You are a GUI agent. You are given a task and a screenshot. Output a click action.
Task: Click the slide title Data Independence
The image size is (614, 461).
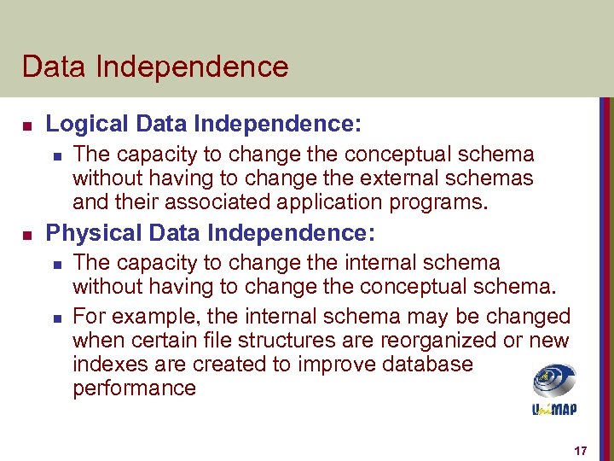(155, 66)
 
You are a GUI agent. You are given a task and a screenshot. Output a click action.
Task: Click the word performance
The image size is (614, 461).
(134, 388)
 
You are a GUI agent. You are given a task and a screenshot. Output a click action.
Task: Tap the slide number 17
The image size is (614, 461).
(581, 450)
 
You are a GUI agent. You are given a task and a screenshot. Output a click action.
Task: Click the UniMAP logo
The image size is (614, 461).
(554, 389)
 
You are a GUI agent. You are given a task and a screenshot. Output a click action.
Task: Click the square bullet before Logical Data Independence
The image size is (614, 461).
(27, 125)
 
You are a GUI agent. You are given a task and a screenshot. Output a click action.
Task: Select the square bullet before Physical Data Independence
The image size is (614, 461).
(27, 233)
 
